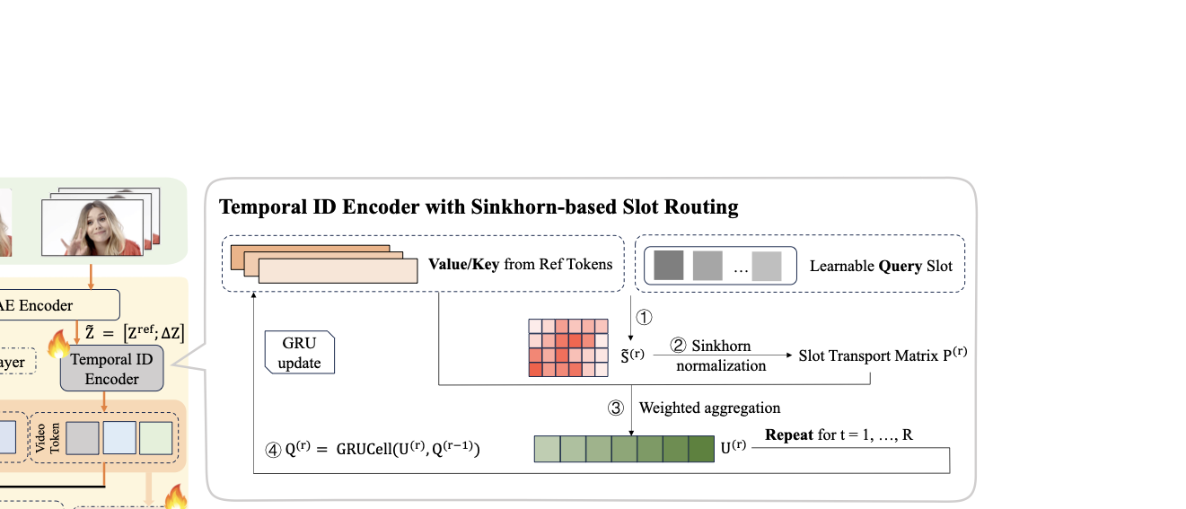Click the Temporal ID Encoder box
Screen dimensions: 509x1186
coord(112,369)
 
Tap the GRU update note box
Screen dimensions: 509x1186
coord(300,353)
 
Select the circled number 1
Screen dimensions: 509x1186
coord(644,316)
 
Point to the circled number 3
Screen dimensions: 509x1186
coord(616,408)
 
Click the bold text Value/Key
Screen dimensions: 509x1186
coord(463,264)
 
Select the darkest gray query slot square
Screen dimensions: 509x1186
coord(669,266)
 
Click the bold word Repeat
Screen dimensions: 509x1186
coord(789,435)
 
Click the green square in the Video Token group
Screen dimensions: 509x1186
coord(155,437)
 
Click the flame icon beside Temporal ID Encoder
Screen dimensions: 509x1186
coord(59,341)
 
